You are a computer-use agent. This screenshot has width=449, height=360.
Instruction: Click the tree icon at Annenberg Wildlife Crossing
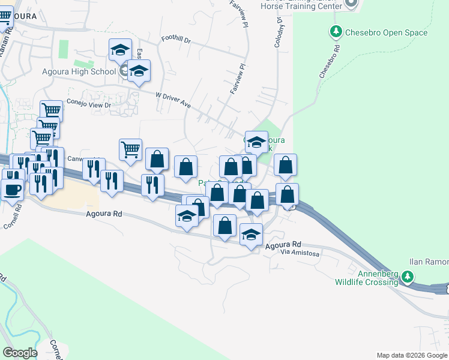click(408, 277)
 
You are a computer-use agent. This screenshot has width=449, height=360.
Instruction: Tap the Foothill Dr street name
click(175, 41)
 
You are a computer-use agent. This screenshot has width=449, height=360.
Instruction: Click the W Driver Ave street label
click(173, 100)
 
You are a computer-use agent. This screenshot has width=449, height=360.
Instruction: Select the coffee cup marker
click(12, 190)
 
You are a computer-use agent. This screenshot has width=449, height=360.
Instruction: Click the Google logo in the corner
click(20, 352)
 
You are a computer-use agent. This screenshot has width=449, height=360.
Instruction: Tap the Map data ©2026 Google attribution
click(412, 355)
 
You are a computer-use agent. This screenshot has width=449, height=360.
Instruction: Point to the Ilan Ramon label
click(429, 262)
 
